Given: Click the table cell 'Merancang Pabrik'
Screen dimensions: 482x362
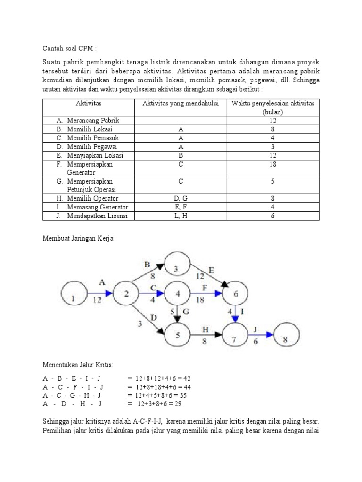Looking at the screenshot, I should [x=90, y=120].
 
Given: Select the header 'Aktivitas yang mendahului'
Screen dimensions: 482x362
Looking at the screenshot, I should [x=181, y=103].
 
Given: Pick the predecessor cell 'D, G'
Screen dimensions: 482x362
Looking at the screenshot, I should [x=181, y=199].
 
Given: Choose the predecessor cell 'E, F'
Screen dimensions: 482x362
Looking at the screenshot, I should [x=181, y=207].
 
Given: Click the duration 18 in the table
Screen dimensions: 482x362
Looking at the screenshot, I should [x=273, y=164].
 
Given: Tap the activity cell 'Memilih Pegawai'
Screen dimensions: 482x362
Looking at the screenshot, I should [x=89, y=146].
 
